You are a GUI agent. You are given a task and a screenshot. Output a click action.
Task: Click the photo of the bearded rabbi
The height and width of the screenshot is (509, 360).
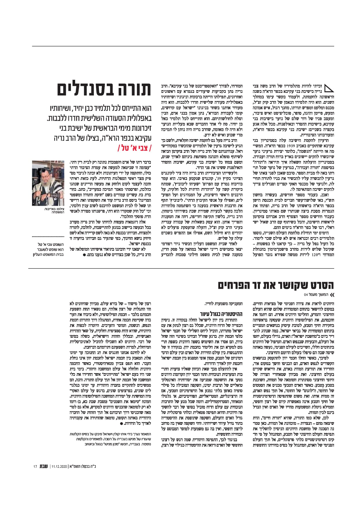coord(48,183)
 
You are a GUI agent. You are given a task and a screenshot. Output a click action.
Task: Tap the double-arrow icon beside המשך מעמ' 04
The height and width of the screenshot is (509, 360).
coord(332,295)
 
